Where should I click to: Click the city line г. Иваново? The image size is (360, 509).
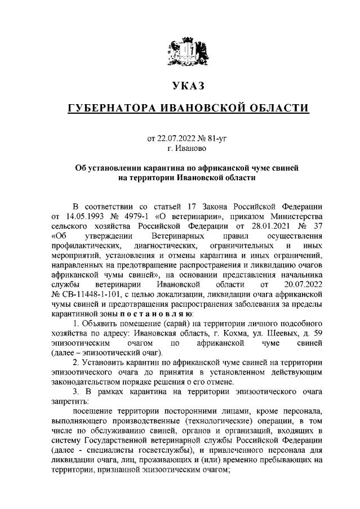pos(186,148)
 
